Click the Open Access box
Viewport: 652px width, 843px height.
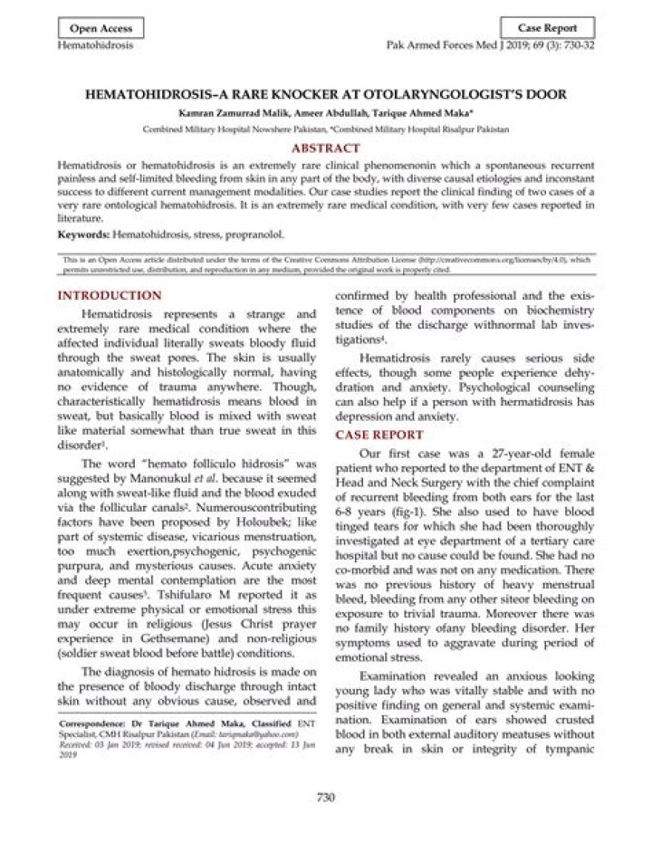(101, 27)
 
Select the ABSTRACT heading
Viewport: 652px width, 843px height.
(325, 148)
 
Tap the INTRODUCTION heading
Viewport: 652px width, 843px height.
(110, 296)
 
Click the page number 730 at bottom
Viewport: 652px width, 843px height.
(326, 797)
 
